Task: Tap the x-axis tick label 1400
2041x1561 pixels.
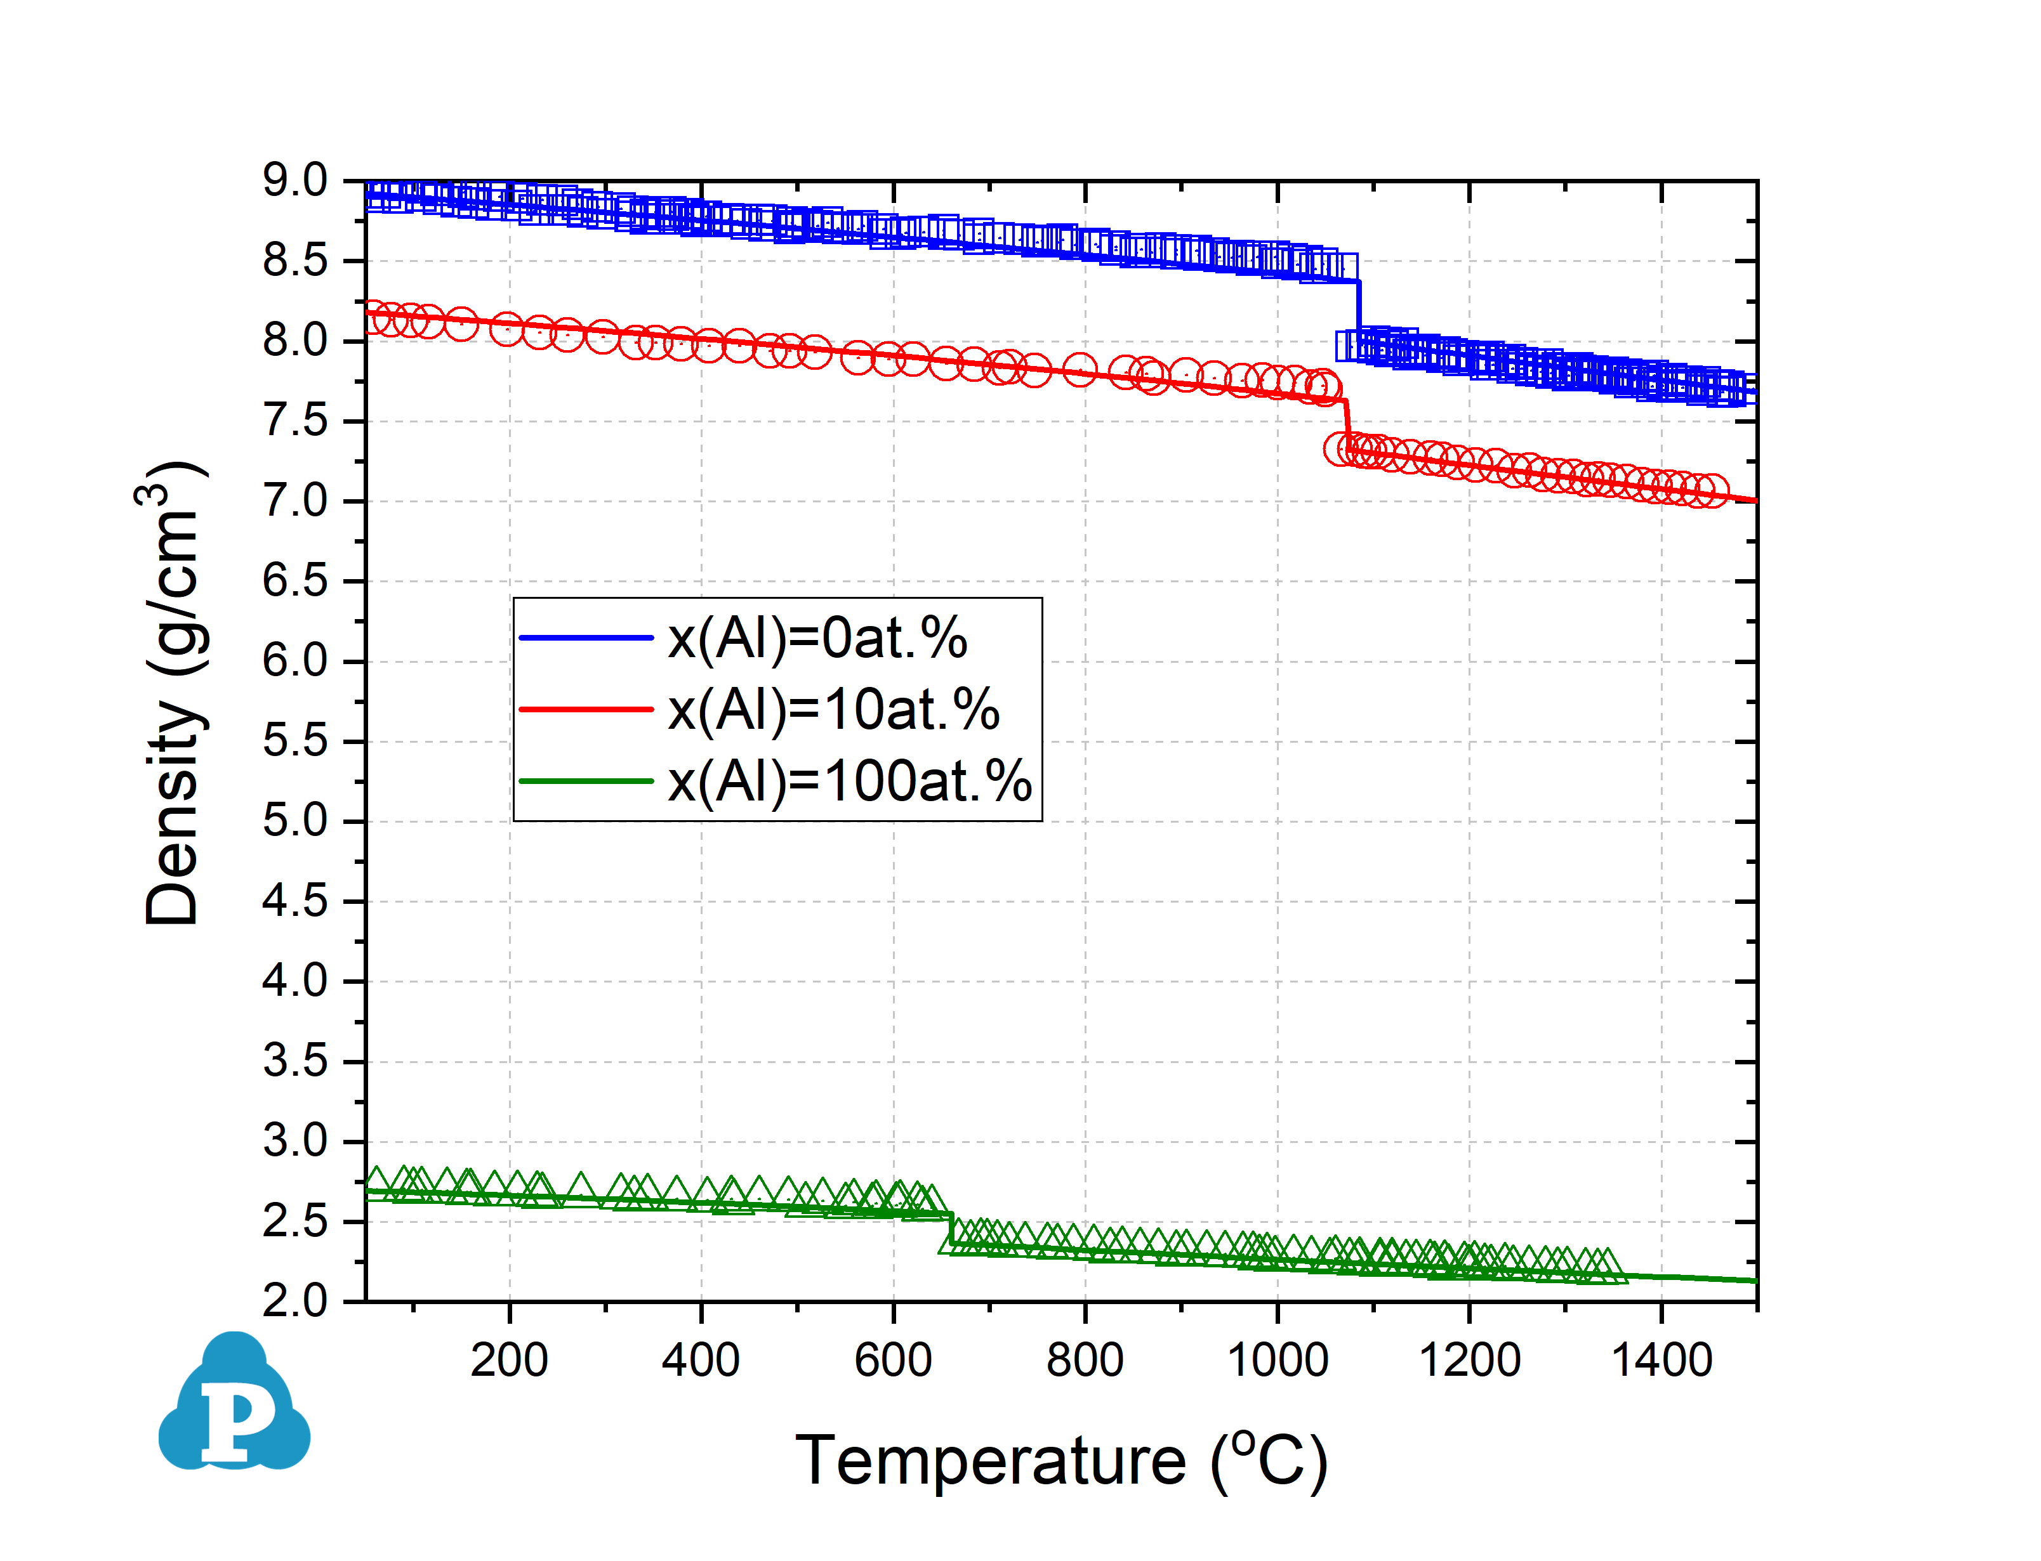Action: click(1661, 1361)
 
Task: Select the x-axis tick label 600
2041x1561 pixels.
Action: click(892, 1361)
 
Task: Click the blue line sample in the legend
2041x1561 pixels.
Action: click(586, 637)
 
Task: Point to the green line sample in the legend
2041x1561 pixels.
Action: click(586, 781)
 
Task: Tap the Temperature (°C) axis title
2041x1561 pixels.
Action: click(1060, 1461)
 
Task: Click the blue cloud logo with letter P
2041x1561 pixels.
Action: click(234, 1404)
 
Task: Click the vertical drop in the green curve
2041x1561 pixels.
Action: click(951, 1229)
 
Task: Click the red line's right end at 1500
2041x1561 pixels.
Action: click(1754, 501)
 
